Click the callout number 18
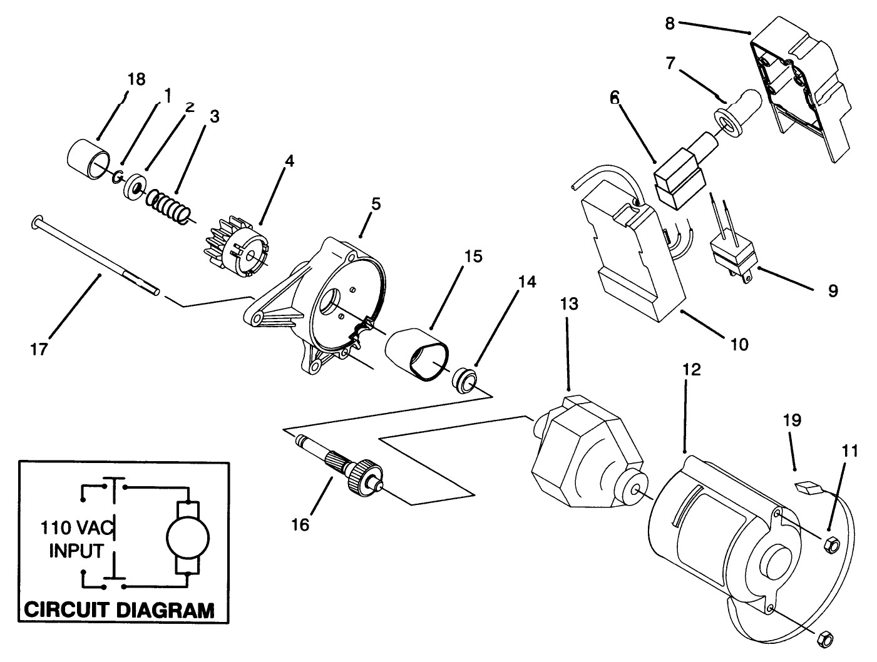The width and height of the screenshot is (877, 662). pos(136,79)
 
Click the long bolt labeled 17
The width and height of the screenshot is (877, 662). pos(94,257)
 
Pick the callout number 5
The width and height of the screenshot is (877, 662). pos(375,204)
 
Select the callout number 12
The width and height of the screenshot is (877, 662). pos(691,370)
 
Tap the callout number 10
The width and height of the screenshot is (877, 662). pos(739,344)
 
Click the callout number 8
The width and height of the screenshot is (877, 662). pos(669,24)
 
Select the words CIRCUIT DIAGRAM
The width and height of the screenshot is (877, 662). pos(118,609)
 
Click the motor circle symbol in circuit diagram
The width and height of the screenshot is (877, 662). pos(188,537)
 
